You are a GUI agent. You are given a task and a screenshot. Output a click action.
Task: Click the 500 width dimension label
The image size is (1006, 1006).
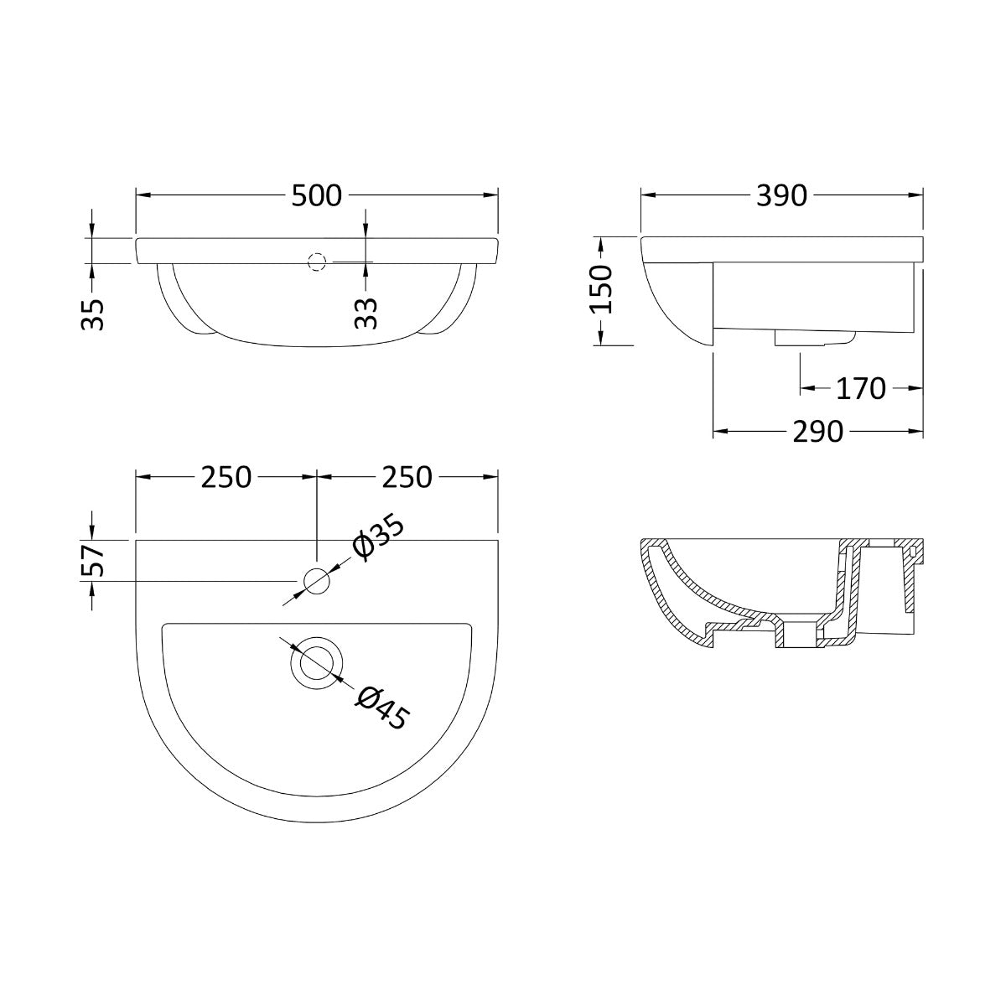[x=317, y=195]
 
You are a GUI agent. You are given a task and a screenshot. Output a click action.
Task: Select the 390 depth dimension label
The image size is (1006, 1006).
[x=781, y=195]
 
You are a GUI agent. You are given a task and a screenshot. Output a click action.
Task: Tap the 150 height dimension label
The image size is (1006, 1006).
[x=601, y=289]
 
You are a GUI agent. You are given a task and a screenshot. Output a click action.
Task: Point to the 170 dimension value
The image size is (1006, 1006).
[x=860, y=389]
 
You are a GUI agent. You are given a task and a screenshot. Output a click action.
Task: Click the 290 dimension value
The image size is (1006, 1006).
[x=817, y=432]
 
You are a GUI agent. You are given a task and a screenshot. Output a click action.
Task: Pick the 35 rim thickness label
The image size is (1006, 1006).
[x=96, y=314]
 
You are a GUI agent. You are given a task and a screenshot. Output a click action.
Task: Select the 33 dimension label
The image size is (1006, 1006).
[x=366, y=314]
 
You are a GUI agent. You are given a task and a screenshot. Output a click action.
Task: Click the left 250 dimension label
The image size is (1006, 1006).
[x=226, y=477]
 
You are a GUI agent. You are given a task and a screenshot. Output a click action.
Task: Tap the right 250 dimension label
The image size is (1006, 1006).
[x=407, y=477]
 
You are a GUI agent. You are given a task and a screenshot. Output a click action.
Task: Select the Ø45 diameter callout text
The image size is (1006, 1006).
[x=381, y=707]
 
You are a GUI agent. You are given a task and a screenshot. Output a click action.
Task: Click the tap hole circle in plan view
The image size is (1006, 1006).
[x=316, y=580]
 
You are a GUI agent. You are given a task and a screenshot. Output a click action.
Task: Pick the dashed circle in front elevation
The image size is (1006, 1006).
[x=316, y=262]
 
